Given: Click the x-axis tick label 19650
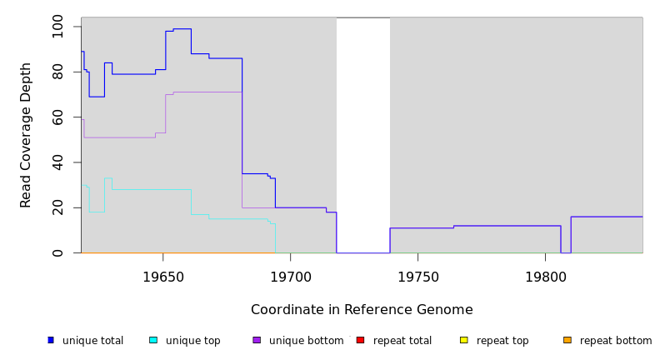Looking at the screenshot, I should click(163, 276).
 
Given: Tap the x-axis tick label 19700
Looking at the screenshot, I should click(290, 276).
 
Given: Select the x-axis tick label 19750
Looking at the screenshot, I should click(417, 276).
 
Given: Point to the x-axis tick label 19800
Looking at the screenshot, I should click(545, 276).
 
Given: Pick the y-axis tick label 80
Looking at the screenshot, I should click(57, 72).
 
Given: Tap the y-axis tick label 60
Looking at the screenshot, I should click(57, 117).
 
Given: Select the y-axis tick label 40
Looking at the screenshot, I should click(57, 162).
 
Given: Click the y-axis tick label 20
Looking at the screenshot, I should click(57, 208).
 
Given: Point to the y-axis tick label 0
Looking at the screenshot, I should click(57, 253).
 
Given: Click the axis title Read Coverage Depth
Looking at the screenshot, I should click(26, 135).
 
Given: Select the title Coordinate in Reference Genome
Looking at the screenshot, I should click(362, 310).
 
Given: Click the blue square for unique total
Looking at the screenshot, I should click(51, 340).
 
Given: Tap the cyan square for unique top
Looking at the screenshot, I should click(153, 340).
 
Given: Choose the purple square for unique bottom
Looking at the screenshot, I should click(257, 340).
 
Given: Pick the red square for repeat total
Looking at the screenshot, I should click(360, 340).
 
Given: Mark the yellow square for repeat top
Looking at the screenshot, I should click(463, 340).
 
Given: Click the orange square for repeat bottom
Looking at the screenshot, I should click(567, 340).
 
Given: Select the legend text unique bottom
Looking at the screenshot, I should click(306, 341).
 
